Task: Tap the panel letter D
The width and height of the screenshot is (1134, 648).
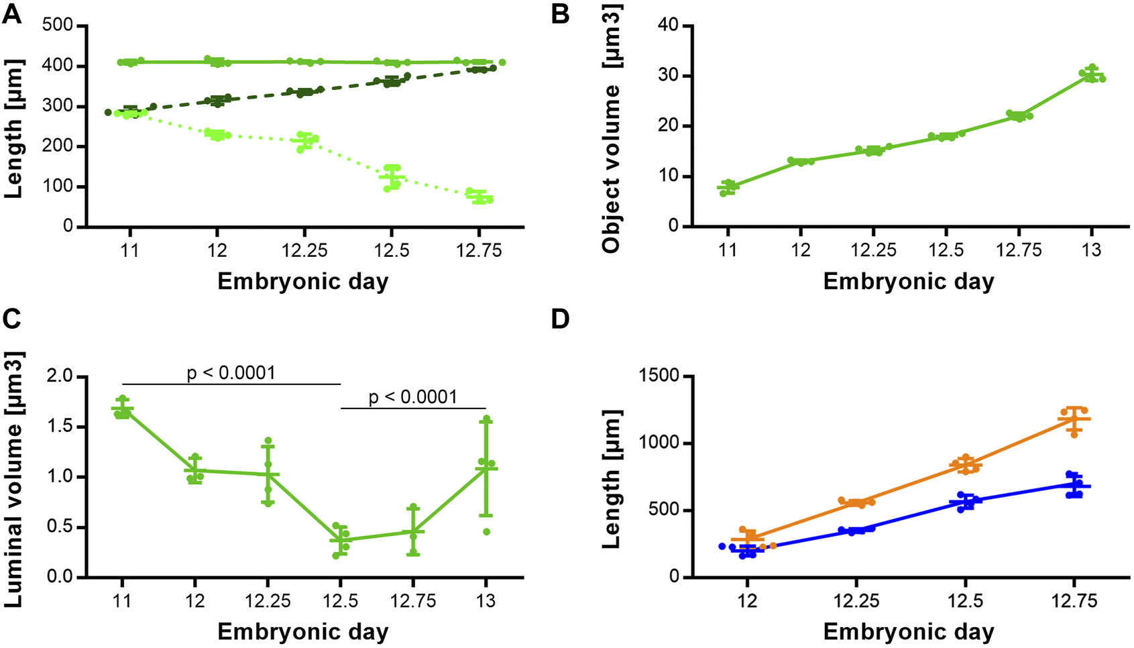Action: tap(561, 319)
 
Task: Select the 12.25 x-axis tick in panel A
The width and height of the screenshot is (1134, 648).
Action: tap(304, 250)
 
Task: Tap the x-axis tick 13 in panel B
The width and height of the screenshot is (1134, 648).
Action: tap(1091, 250)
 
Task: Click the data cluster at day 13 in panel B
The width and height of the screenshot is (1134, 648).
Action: tap(1092, 74)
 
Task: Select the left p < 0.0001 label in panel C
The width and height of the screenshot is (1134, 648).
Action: tap(231, 372)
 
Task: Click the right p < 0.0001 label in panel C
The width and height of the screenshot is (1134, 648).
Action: tap(413, 397)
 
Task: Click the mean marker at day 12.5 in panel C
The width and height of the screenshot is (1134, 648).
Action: tap(341, 540)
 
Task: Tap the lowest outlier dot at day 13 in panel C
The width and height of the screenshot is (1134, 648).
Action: tap(487, 532)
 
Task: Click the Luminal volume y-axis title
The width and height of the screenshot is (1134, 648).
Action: tap(13, 480)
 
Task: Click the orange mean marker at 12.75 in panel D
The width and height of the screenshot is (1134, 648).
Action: tap(1074, 419)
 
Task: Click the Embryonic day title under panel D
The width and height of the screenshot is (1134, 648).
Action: tap(908, 632)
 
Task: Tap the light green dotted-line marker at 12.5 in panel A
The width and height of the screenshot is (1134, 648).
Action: tap(392, 177)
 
